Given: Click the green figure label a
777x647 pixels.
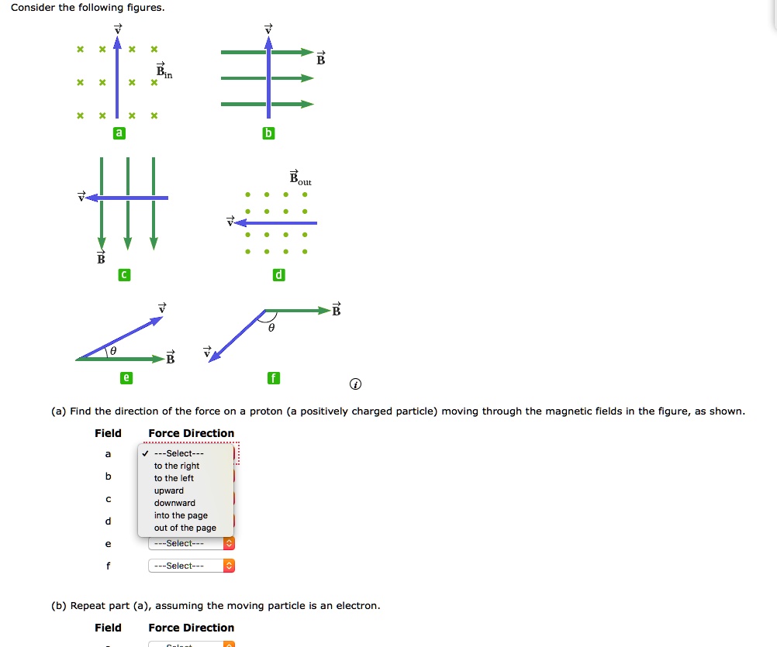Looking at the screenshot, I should click(119, 133).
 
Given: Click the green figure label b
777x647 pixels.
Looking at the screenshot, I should click(268, 133).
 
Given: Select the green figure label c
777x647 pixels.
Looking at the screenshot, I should click(123, 275).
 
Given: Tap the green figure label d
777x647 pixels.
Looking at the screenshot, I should click(279, 275).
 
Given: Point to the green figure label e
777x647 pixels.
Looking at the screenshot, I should click(126, 378).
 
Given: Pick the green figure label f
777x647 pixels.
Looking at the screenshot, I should click(272, 378).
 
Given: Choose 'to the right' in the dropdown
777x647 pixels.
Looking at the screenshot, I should click(177, 466).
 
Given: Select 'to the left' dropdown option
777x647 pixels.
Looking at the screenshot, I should click(174, 478).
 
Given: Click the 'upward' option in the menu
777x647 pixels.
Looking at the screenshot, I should click(169, 490).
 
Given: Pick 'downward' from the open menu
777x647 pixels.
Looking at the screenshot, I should click(174, 503).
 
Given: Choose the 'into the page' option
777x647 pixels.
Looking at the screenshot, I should click(181, 515).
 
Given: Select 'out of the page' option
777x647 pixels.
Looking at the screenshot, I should click(185, 528).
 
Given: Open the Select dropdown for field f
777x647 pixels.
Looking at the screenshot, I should click(191, 566).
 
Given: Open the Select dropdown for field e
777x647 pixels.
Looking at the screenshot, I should click(191, 543).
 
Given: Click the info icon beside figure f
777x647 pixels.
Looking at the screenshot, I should click(355, 384).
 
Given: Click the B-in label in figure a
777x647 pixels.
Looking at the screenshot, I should click(164, 71).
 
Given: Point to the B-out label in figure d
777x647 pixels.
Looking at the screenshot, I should click(300, 177).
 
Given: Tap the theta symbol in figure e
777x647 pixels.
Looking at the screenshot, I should click(113, 351).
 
